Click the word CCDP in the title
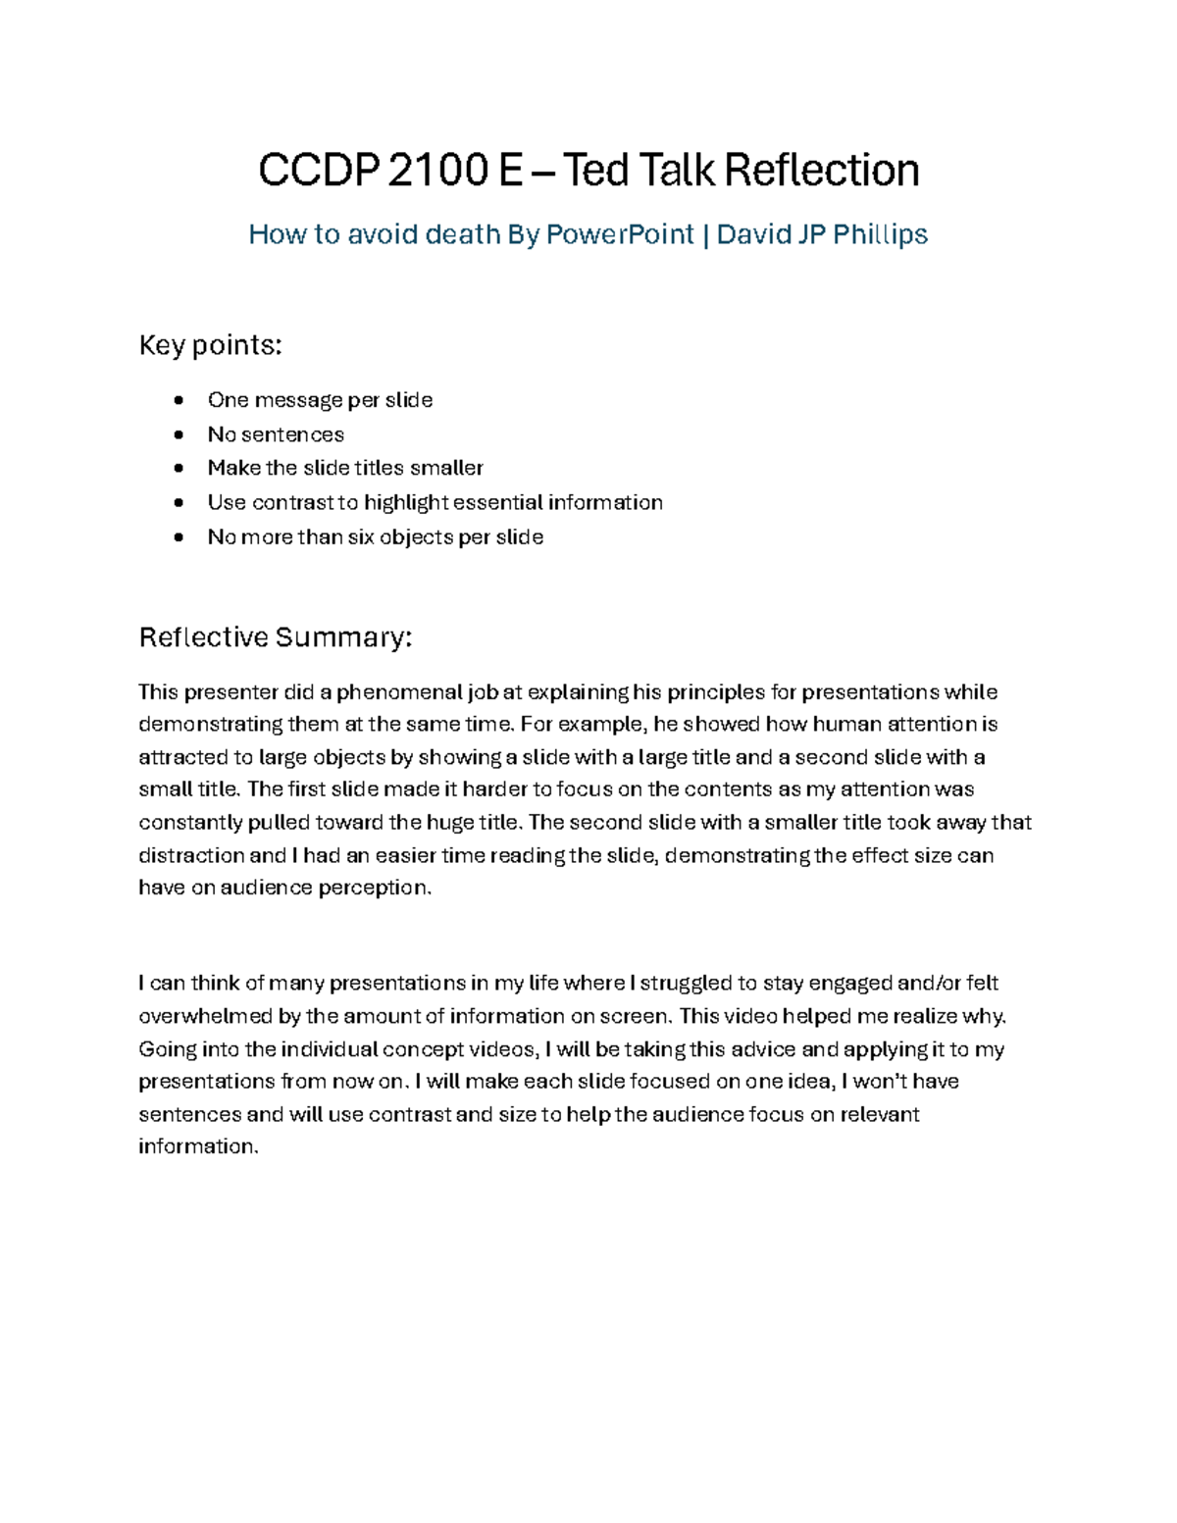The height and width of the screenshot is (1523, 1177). click(318, 171)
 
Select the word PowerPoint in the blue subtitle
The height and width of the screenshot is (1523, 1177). click(619, 234)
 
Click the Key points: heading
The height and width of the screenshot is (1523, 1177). click(211, 345)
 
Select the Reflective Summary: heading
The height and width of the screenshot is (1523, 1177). click(276, 637)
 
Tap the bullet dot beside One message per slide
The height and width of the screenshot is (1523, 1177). click(178, 400)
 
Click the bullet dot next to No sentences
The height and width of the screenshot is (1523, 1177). click(178, 434)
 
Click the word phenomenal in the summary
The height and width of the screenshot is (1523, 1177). click(399, 692)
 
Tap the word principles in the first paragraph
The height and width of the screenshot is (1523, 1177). click(715, 692)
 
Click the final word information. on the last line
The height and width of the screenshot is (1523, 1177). click(198, 1146)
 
